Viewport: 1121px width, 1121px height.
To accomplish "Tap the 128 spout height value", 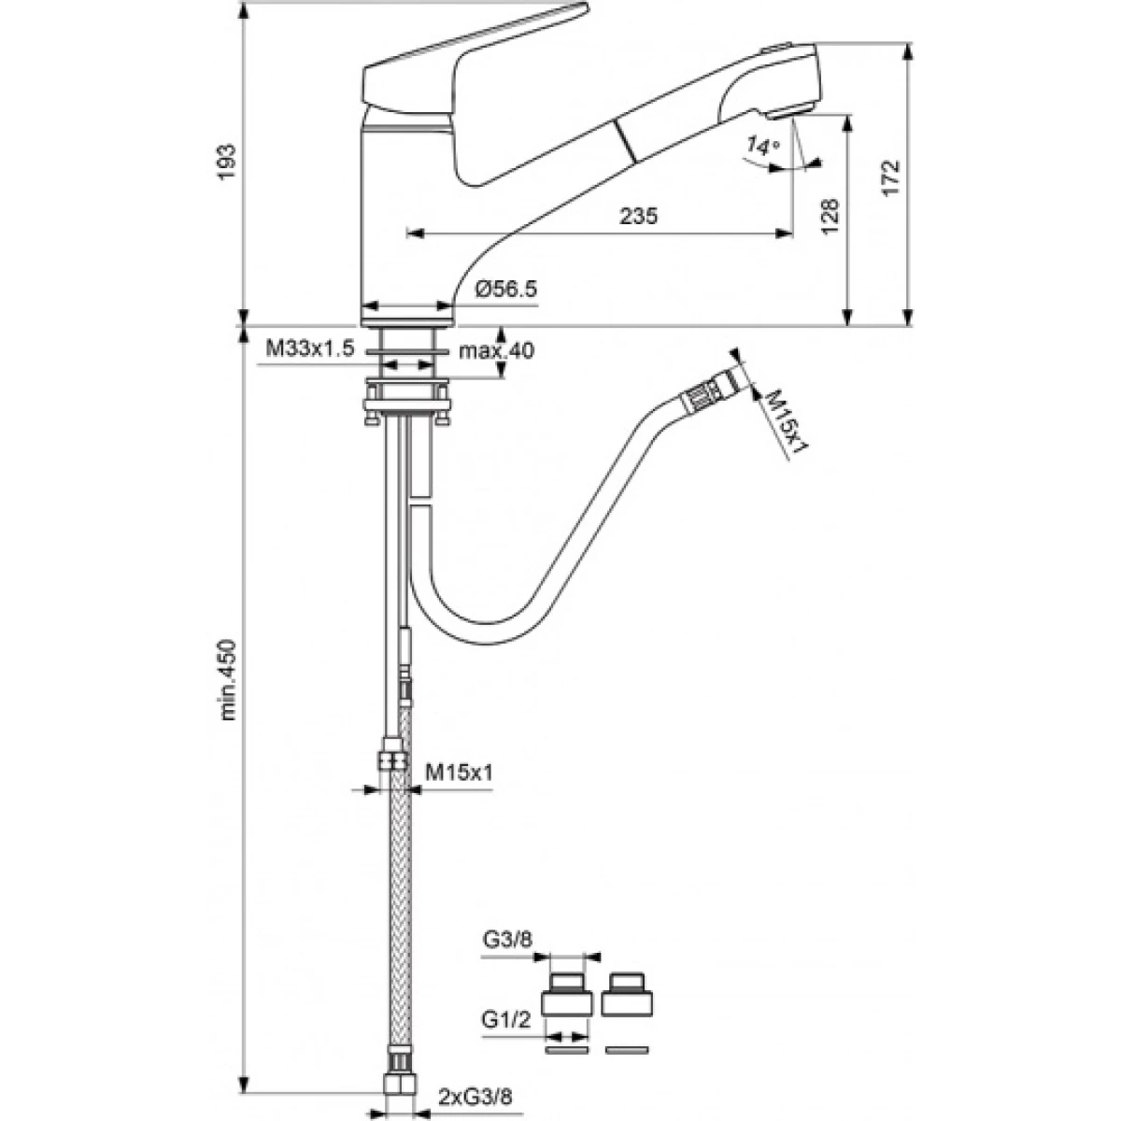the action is tap(830, 217).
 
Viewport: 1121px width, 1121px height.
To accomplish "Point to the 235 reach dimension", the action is tap(638, 216).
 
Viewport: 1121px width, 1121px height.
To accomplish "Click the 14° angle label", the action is tap(761, 145).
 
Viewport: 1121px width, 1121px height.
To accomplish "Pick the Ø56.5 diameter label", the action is tap(506, 289).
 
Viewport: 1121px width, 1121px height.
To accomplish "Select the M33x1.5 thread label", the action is tap(309, 348).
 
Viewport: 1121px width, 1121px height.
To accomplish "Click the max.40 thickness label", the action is tap(496, 351).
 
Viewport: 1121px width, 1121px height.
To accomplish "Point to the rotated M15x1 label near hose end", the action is tap(788, 420).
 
